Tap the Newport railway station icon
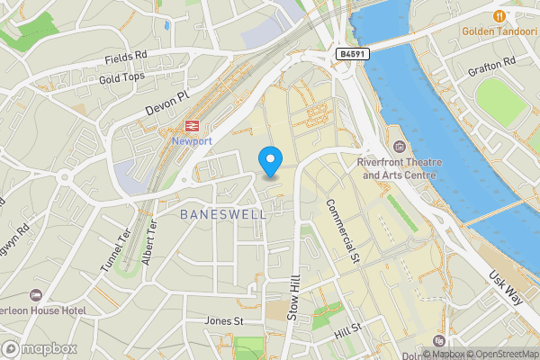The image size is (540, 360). [x=192, y=126]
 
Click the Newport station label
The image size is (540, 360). [x=192, y=142]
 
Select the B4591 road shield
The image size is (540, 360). [x=352, y=55]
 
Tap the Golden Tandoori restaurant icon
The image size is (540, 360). [x=499, y=15]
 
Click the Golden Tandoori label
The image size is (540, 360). [x=499, y=32]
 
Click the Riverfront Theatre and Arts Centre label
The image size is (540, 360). [x=401, y=168]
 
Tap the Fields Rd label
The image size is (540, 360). [x=126, y=58]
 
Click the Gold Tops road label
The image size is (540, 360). [x=122, y=79]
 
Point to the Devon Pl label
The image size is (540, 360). [x=169, y=105]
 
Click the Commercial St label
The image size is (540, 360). [x=343, y=232]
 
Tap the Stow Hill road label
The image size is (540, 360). [x=292, y=299]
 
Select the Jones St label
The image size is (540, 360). [x=224, y=320]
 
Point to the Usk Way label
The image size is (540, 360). [x=505, y=289]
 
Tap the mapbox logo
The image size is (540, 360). [x=40, y=348]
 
